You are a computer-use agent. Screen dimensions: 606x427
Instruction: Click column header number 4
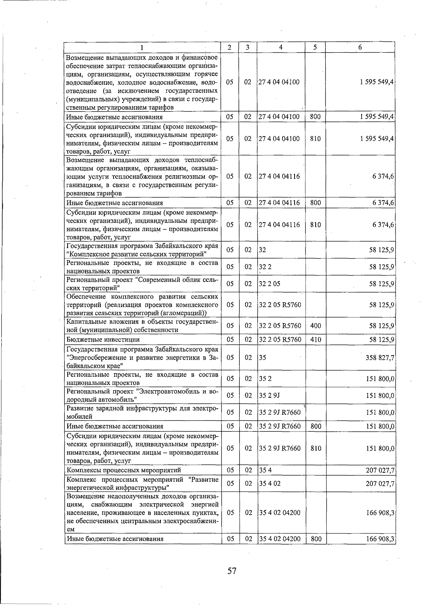click(x=281, y=47)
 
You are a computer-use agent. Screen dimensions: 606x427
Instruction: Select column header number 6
click(x=360, y=47)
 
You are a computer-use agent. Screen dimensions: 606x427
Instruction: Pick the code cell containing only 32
click(x=263, y=250)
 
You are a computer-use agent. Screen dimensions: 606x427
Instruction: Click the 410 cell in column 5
click(x=316, y=340)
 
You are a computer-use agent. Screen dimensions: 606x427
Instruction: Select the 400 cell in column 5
click(x=316, y=326)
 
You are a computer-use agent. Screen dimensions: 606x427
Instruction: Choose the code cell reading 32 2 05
click(x=270, y=284)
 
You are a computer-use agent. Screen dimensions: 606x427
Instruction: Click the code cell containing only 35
click(x=263, y=358)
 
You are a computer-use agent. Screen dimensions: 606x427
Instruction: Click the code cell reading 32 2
click(x=265, y=267)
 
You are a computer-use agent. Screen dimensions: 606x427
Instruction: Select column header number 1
click(x=142, y=47)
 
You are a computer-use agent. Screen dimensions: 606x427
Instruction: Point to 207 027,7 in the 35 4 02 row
click(x=380, y=484)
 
